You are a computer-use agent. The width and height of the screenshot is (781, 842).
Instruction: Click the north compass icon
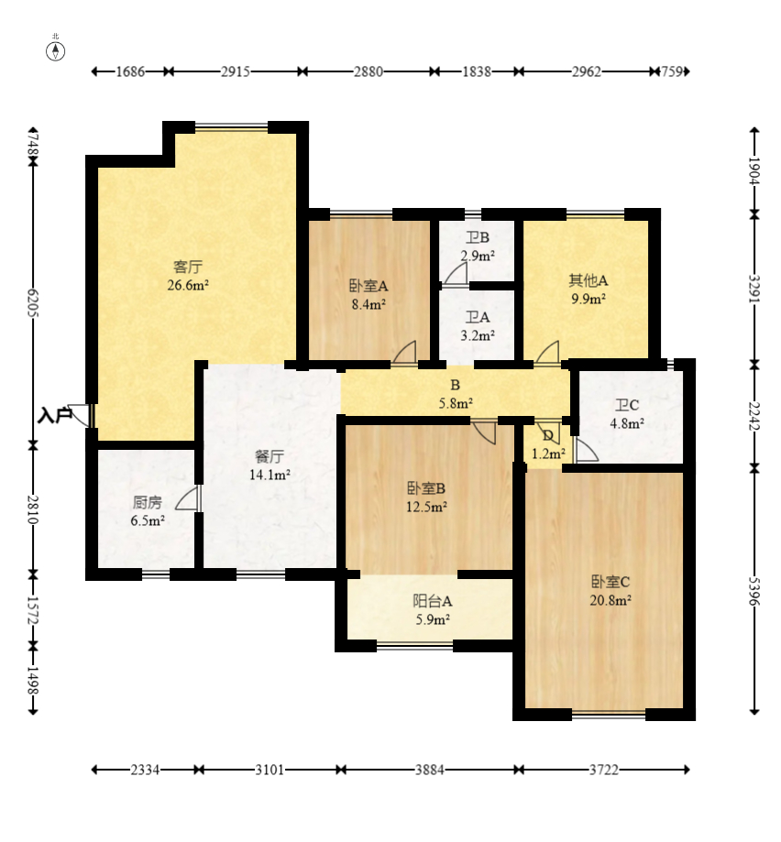pyautogui.click(x=55, y=51)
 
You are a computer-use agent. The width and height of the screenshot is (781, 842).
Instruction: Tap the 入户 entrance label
pyautogui.click(x=55, y=415)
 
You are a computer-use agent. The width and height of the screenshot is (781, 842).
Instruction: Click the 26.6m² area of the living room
pyautogui.click(x=188, y=285)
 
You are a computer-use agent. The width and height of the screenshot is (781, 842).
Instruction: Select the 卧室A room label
pyautogui.click(x=368, y=286)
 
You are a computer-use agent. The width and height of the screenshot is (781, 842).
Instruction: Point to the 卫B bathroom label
pyautogui.click(x=478, y=237)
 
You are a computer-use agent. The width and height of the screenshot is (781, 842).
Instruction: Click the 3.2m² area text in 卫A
pyautogui.click(x=478, y=335)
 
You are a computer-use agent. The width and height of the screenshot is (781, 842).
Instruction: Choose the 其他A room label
pyautogui.click(x=588, y=280)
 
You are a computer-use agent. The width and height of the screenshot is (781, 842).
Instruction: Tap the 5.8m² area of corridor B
pyautogui.click(x=456, y=403)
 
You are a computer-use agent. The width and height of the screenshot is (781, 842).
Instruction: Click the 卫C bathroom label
pyautogui.click(x=627, y=405)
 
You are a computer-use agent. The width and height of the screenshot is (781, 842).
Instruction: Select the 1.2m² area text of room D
pyautogui.click(x=548, y=454)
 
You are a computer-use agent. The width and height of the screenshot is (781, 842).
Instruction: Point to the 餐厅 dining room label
pyautogui.click(x=269, y=456)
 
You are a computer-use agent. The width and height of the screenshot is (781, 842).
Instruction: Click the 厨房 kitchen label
pyautogui.click(x=148, y=502)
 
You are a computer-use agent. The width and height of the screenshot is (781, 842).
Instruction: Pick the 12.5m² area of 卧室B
pyautogui.click(x=426, y=507)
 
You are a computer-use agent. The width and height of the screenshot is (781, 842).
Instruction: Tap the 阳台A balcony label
pyautogui.click(x=433, y=601)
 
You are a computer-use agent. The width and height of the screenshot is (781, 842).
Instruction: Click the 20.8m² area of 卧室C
pyautogui.click(x=610, y=600)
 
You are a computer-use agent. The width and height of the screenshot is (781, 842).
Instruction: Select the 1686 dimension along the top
pyautogui.click(x=130, y=71)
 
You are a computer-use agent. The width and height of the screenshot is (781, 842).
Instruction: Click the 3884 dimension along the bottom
pyautogui.click(x=429, y=770)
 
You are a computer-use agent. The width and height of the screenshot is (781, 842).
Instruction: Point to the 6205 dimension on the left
pyautogui.click(x=33, y=303)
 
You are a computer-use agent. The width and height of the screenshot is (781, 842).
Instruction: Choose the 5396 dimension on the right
pyautogui.click(x=754, y=591)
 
